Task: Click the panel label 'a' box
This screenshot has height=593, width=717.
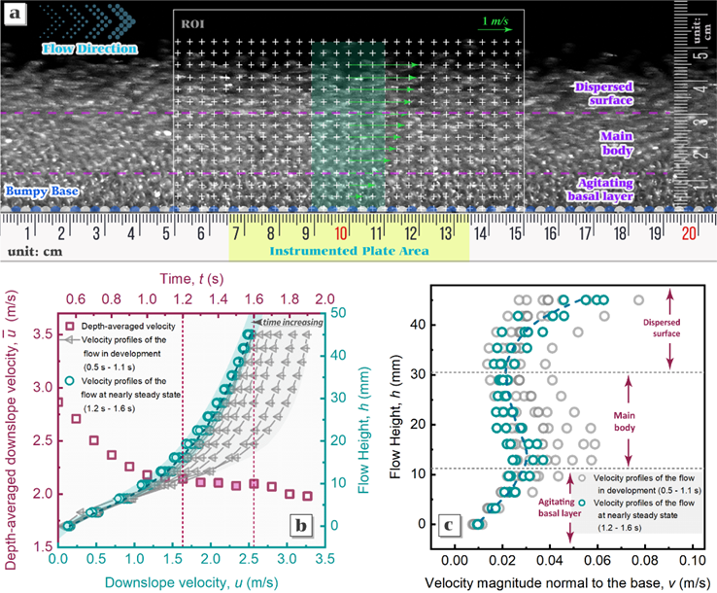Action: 16,14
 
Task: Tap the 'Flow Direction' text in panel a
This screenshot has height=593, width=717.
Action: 82,47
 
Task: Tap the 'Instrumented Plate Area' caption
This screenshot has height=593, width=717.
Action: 350,252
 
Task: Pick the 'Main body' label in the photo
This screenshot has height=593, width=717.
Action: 618,144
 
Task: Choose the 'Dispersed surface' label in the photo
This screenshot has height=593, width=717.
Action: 604,93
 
